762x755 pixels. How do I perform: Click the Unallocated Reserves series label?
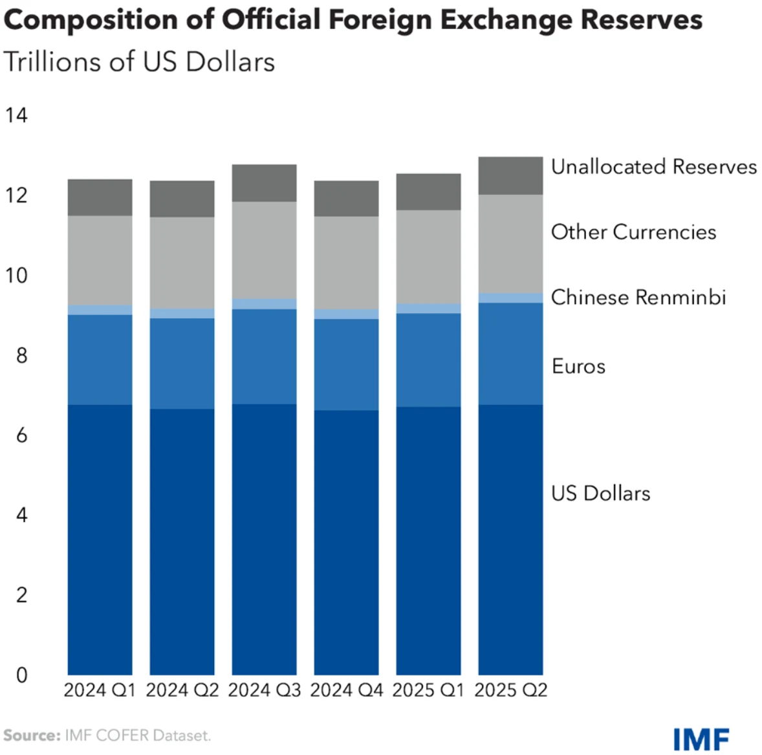[653, 167]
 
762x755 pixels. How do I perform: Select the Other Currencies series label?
[633, 232]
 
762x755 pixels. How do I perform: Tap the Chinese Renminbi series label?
[638, 298]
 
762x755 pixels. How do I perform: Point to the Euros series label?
[578, 367]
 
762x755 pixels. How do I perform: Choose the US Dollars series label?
[600, 494]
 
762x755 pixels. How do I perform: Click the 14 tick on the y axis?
[16, 116]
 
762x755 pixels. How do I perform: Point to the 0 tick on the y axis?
[21, 675]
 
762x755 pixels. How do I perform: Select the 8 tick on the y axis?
[21, 355]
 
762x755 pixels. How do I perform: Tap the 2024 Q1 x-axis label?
[100, 690]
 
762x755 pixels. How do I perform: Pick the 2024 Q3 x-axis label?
[264, 690]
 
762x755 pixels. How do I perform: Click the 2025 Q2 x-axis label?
[510, 690]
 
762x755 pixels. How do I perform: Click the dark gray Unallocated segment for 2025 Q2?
[510, 176]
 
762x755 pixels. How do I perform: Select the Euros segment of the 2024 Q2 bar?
[182, 364]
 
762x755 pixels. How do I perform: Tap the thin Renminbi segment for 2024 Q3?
[264, 304]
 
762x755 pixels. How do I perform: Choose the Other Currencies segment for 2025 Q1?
[428, 257]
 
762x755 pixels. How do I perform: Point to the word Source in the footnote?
[31, 736]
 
